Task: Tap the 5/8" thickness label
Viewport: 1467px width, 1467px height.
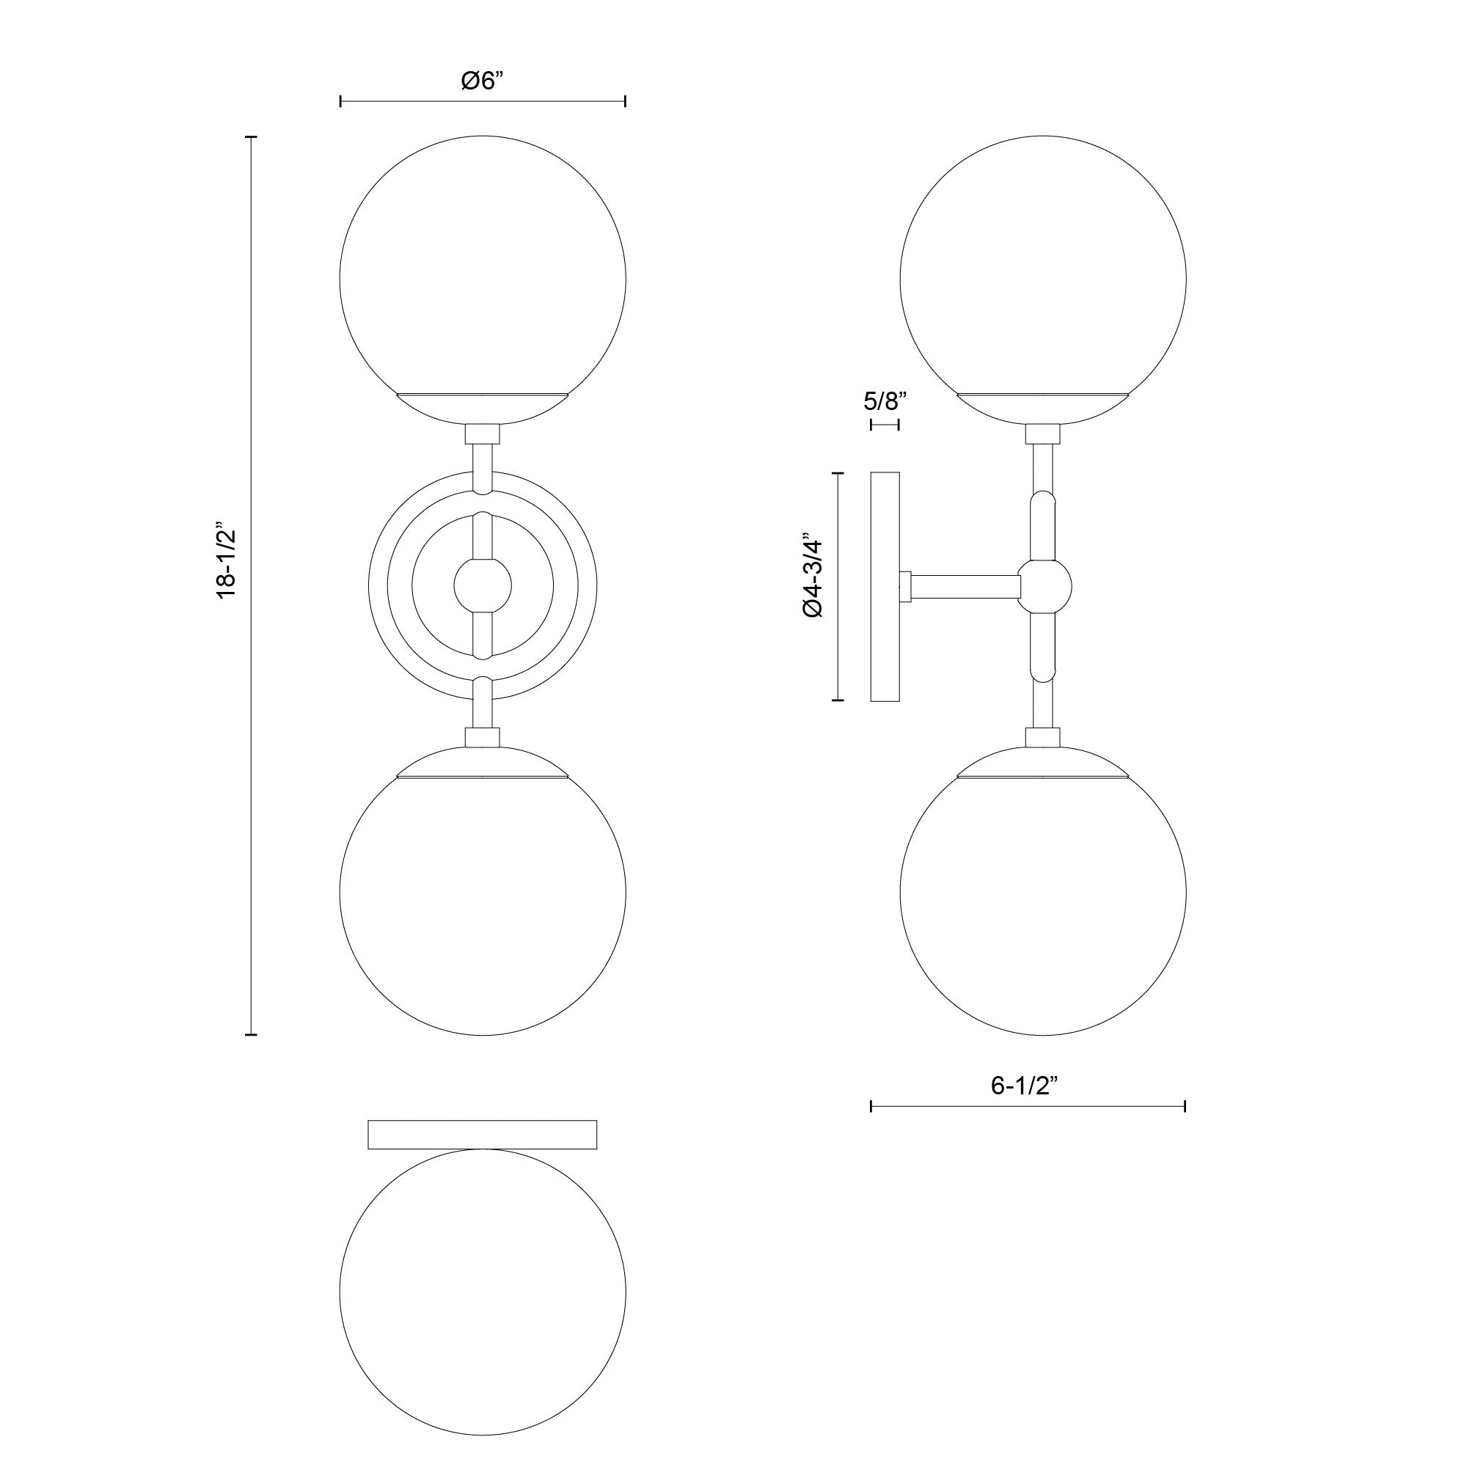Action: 885,401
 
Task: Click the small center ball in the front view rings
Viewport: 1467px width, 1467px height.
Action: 483,585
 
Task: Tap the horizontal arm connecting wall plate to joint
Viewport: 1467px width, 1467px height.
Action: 965,586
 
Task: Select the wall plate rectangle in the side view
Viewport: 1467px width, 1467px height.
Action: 885,586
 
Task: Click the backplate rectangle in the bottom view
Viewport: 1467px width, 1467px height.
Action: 482,1134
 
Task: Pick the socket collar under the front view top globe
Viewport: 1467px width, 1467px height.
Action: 483,434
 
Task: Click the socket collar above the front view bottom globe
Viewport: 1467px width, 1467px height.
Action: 483,737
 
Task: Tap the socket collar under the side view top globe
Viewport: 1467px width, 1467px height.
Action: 1042,434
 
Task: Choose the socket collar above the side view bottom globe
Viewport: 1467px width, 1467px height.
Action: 1042,737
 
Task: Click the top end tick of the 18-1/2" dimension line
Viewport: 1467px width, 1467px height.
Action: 251,137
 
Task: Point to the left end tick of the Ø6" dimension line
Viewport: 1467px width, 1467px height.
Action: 341,101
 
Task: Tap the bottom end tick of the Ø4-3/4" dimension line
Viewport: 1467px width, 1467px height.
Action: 838,699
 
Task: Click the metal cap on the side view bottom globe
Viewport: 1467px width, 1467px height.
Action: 1042,763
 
